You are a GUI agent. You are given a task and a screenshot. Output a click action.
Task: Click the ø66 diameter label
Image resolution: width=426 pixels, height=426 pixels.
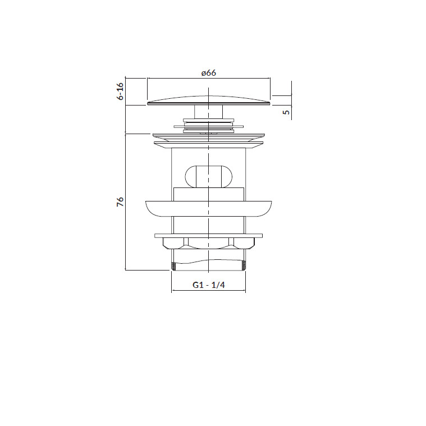coord(209,73)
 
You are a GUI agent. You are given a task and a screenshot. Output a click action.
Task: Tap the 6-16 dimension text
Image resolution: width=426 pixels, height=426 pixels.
coord(120,91)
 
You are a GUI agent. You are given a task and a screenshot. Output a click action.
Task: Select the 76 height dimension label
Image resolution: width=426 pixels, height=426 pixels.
coord(120,201)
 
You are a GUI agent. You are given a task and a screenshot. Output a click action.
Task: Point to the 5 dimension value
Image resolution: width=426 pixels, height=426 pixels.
coord(287,112)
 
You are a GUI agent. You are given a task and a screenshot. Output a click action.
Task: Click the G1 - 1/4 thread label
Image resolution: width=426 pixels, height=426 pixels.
coord(209,285)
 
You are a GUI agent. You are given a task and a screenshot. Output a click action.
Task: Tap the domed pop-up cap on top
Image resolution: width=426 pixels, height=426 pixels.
coord(209,100)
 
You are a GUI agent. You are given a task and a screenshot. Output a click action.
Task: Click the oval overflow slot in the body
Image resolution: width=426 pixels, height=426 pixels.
coord(209,176)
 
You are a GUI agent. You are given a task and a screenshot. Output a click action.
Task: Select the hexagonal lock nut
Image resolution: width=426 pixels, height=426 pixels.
coord(209,244)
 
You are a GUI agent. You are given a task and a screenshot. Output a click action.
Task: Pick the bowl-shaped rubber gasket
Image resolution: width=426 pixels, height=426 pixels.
coord(209,209)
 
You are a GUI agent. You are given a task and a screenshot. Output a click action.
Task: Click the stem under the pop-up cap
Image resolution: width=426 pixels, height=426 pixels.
coord(209,112)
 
